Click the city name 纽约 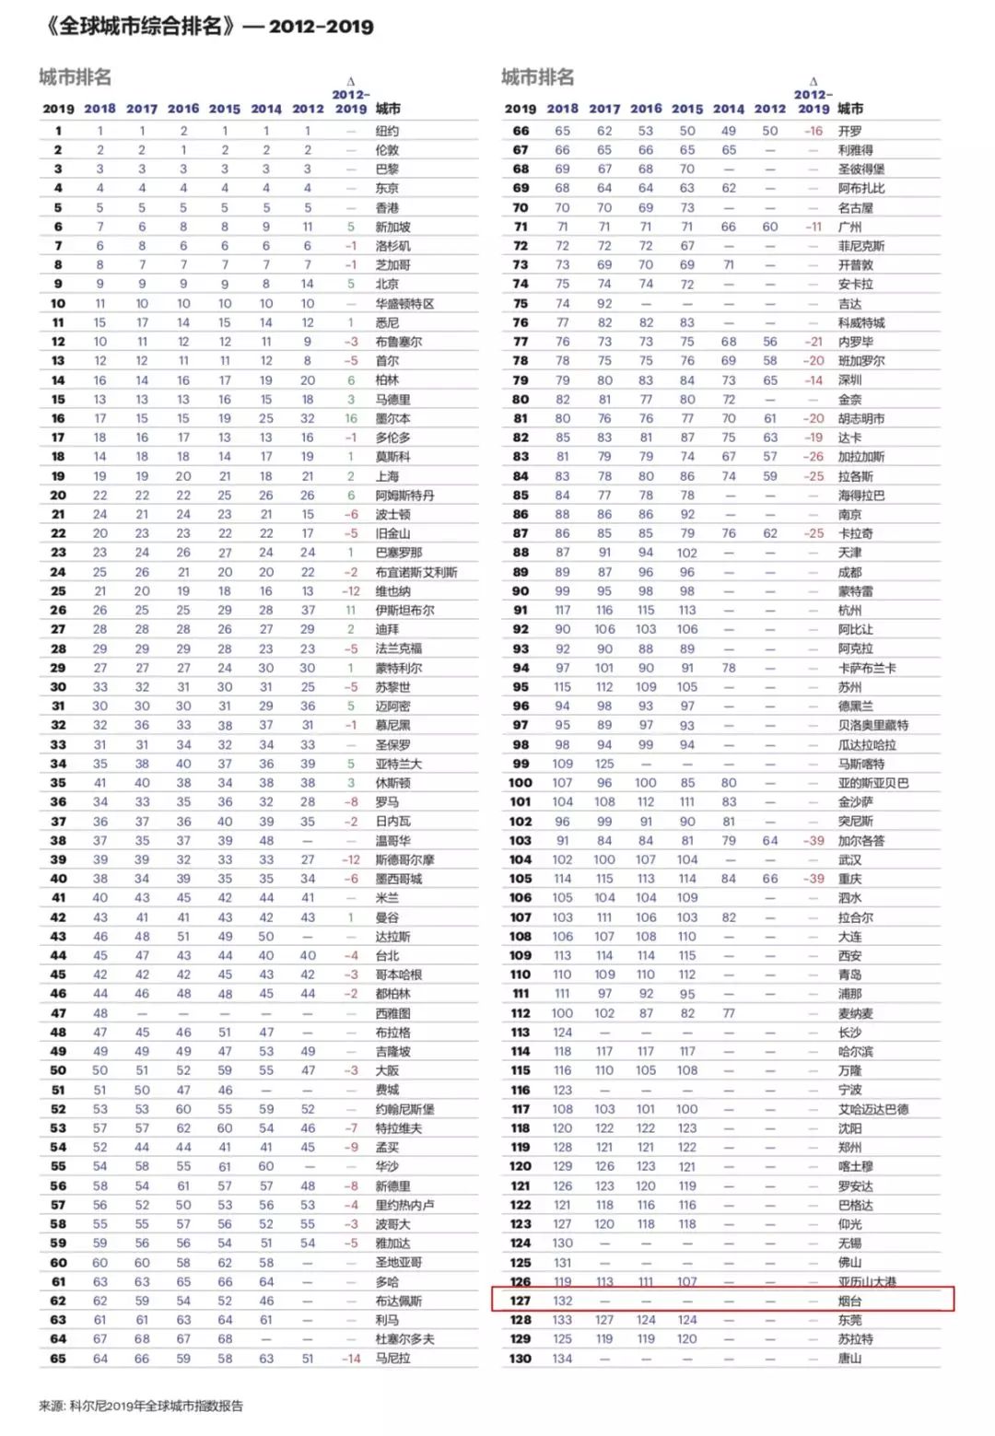(x=387, y=131)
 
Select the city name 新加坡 (x=392, y=227)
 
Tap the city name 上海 (x=387, y=476)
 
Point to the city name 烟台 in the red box (x=849, y=1301)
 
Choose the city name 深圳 (x=849, y=380)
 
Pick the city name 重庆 (x=849, y=879)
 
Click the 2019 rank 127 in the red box (x=521, y=1301)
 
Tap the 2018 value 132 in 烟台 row (x=562, y=1301)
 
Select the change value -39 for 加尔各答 (x=813, y=840)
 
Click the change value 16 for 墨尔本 (x=351, y=418)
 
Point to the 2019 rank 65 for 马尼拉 (x=58, y=1358)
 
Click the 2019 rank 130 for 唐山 (x=521, y=1358)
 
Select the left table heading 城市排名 (x=75, y=77)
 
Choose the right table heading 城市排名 (x=537, y=77)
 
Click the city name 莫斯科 (x=392, y=457)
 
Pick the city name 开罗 (x=849, y=131)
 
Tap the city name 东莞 (x=849, y=1320)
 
